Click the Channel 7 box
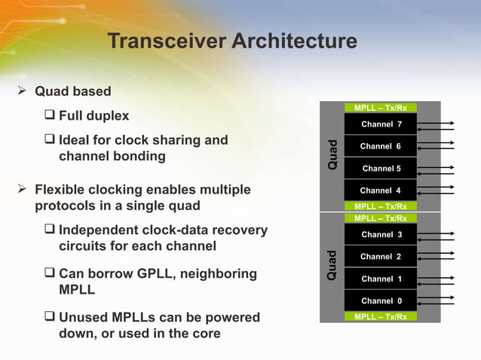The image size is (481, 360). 381,124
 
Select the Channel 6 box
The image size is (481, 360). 381,146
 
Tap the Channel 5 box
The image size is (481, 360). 381,169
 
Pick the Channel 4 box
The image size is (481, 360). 381,191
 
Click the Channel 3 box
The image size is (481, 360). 381,235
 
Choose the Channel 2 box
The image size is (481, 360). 381,257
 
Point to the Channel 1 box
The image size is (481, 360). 381,279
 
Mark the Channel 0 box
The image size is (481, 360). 381,301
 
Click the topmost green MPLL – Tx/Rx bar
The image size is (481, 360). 381,108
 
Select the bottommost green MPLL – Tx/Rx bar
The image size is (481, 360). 381,317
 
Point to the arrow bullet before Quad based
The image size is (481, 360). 24,92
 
